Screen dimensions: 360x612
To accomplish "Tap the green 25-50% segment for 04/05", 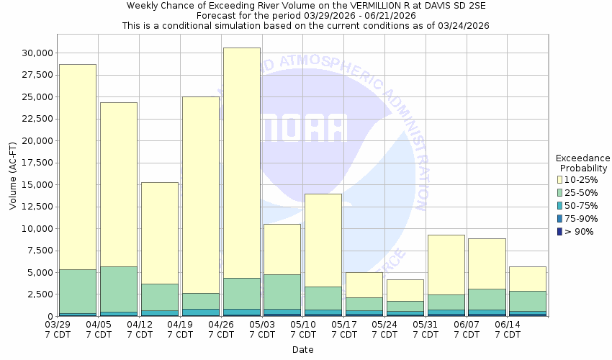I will click(x=119, y=289).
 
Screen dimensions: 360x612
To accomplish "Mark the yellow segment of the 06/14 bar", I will click(x=527, y=279).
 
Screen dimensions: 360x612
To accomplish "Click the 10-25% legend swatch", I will click(x=559, y=179).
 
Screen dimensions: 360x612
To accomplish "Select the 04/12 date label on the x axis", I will click(x=140, y=330).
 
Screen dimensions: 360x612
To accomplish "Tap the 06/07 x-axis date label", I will click(x=467, y=330).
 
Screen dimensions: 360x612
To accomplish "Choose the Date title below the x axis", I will click(x=303, y=350).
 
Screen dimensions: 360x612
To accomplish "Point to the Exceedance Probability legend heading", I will click(x=582, y=163).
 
